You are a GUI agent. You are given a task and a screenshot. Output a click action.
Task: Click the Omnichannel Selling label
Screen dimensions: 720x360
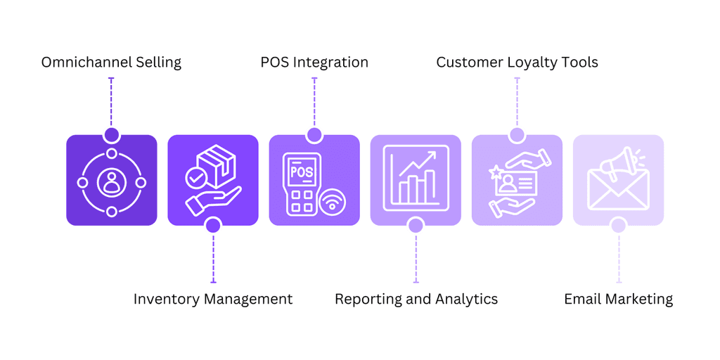(x=111, y=62)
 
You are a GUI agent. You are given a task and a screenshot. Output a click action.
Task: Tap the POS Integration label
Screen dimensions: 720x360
(x=314, y=62)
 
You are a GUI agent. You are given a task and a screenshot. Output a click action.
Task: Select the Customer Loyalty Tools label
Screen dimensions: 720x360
(x=517, y=62)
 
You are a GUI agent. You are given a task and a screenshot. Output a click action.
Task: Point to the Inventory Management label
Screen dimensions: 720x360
(x=213, y=299)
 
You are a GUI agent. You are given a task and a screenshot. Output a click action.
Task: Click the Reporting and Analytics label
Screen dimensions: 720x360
(x=416, y=299)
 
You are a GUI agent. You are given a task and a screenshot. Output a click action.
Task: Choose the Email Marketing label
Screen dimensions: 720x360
(x=619, y=299)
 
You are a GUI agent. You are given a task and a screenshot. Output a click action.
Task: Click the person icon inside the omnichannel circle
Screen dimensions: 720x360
(x=111, y=182)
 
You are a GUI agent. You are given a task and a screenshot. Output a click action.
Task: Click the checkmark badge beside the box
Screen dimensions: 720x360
(x=195, y=178)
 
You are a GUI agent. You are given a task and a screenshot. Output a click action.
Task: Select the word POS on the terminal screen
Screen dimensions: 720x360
(x=302, y=173)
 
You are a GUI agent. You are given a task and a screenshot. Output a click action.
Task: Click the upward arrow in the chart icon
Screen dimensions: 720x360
(x=417, y=164)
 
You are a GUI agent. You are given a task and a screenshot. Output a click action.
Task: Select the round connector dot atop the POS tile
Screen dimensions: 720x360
(x=314, y=135)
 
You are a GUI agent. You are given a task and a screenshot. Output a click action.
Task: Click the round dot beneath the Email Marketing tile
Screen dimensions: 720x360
(x=619, y=226)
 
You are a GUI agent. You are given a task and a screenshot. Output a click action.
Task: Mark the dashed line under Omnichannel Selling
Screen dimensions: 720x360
(x=111, y=103)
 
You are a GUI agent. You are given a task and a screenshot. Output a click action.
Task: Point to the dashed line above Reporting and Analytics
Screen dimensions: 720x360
(x=416, y=257)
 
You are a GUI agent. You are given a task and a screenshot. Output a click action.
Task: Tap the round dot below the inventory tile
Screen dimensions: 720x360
(x=212, y=226)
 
